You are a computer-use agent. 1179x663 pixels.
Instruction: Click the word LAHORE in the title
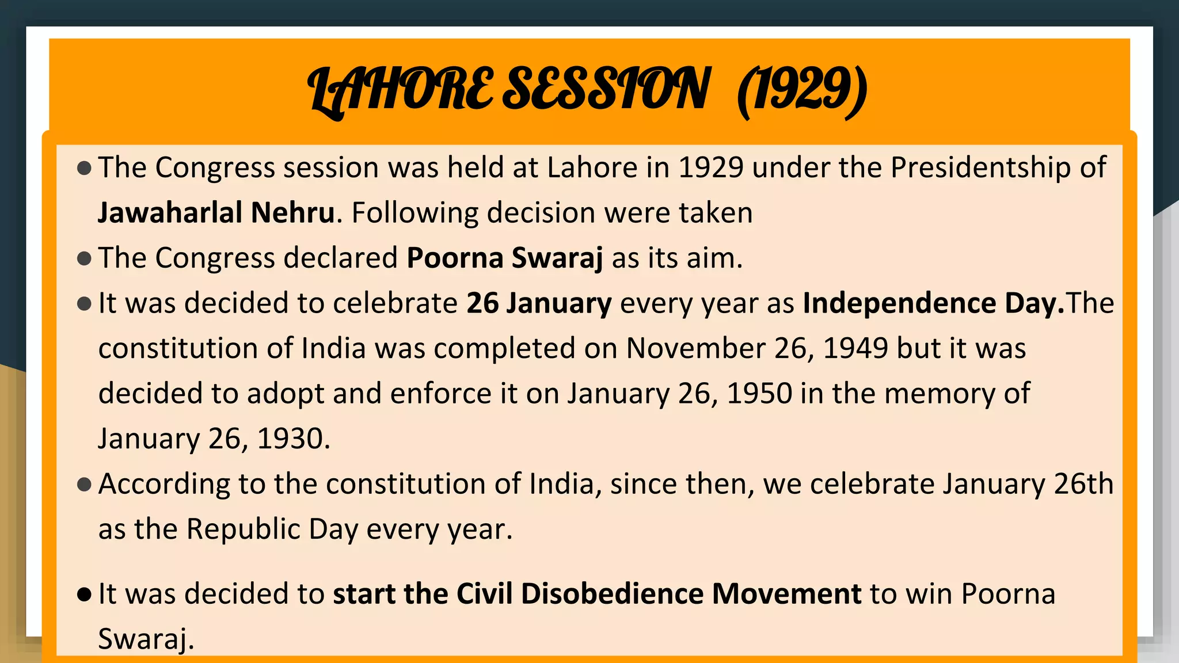400,89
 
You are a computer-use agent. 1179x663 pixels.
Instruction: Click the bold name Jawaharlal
170,212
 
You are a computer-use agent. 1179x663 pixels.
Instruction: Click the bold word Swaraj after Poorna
557,258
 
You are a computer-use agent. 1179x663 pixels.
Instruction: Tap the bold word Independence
899,303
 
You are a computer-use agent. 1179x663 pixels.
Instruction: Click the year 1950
759,394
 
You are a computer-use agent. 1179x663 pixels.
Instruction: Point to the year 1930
293,439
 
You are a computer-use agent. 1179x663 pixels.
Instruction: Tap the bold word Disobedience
612,594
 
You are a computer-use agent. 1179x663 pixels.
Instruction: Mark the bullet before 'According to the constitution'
84,485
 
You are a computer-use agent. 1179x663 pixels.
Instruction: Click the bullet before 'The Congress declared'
84,258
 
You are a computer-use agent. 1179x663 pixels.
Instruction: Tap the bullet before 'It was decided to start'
84,595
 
